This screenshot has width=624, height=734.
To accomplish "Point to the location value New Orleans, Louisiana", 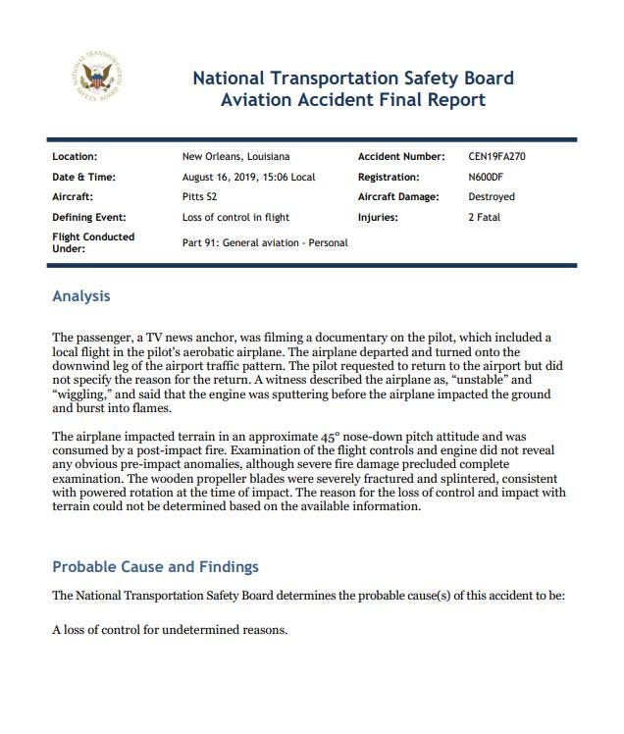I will [x=235, y=156].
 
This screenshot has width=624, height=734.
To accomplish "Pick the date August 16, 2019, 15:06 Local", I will [x=248, y=177].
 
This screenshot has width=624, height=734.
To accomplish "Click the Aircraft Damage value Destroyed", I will [x=492, y=197].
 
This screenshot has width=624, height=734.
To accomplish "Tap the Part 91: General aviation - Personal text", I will [x=265, y=242].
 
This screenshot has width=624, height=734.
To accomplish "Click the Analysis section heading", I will [x=80, y=296].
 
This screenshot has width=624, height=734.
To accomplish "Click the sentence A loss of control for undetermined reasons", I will [x=170, y=629].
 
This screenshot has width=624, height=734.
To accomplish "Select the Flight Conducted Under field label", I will [x=93, y=242].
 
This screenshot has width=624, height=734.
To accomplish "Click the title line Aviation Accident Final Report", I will [x=352, y=99].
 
